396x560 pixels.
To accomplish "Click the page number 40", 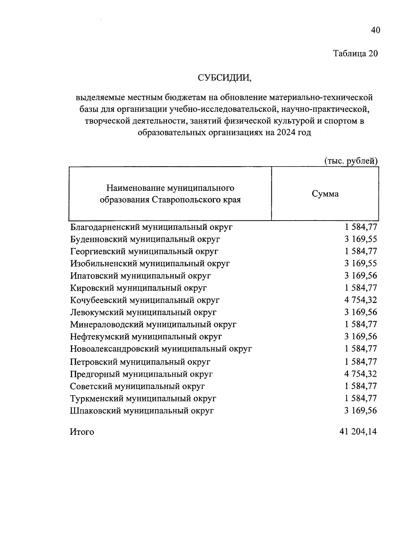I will click(376, 30).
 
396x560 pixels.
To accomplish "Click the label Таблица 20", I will click(355, 53).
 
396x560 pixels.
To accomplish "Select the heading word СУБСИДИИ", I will click(224, 78).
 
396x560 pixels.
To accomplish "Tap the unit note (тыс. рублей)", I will click(351, 161).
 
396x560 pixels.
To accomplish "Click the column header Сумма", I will click(325, 194).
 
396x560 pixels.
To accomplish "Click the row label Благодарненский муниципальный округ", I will click(151, 227).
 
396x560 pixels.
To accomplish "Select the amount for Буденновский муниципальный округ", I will click(360, 239).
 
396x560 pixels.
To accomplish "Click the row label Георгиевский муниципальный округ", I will click(144, 252).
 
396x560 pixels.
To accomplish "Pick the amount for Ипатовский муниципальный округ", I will click(360, 276).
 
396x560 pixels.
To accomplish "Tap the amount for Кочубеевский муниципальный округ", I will click(360, 300).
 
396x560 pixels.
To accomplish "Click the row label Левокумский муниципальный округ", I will click(143, 312).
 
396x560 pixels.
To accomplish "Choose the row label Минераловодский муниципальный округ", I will click(153, 325).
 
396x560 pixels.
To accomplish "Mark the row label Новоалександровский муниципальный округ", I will click(161, 349).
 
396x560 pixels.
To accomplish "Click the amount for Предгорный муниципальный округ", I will click(360, 374).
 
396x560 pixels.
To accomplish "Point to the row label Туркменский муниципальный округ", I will click(143, 399).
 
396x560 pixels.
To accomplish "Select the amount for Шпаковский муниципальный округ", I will click(360, 411).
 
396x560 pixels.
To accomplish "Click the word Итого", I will click(82, 432).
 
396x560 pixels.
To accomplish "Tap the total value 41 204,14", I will click(358, 432).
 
